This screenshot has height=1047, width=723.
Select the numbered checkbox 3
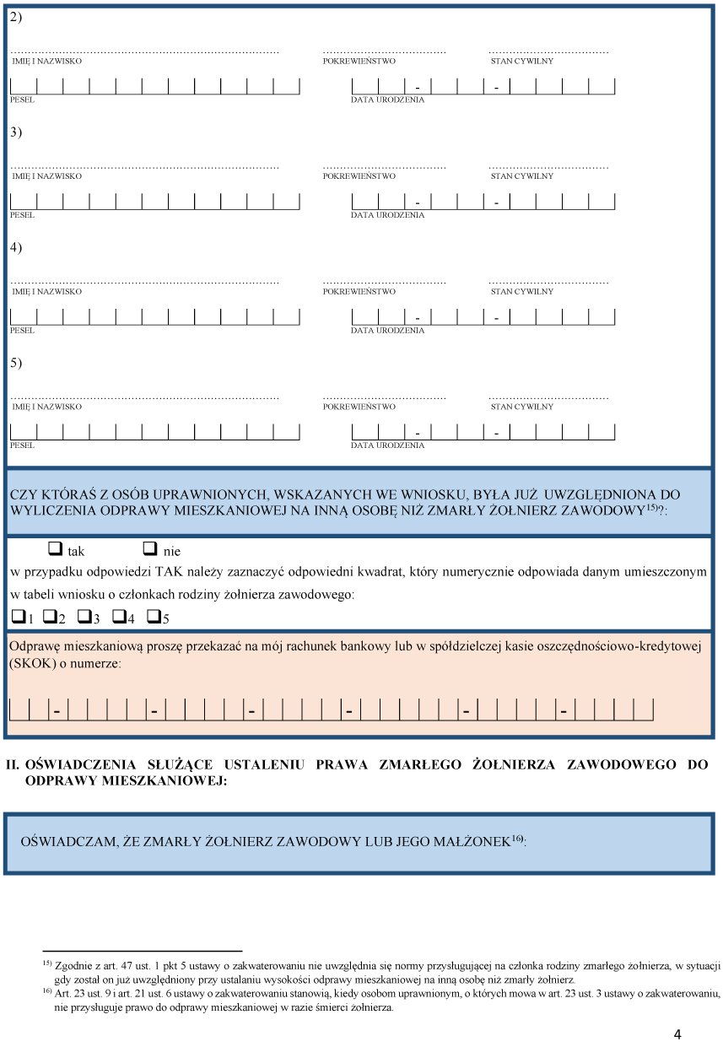point(84,617)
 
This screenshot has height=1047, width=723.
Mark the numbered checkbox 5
point(154,617)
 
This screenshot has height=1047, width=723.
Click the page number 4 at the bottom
point(678,1034)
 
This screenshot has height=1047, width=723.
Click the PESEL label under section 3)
point(22,215)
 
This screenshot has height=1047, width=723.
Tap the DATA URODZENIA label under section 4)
point(387,331)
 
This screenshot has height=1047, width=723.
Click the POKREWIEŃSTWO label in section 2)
point(359,62)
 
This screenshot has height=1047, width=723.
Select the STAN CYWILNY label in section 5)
point(521,407)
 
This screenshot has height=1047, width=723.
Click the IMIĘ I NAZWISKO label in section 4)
point(46,292)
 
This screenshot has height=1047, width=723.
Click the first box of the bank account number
point(19,710)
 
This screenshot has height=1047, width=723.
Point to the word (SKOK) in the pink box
point(32,664)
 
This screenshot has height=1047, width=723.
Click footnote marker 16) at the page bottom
point(47,990)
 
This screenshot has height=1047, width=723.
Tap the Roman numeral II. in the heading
point(13,764)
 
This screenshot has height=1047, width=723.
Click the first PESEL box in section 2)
point(23,86)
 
